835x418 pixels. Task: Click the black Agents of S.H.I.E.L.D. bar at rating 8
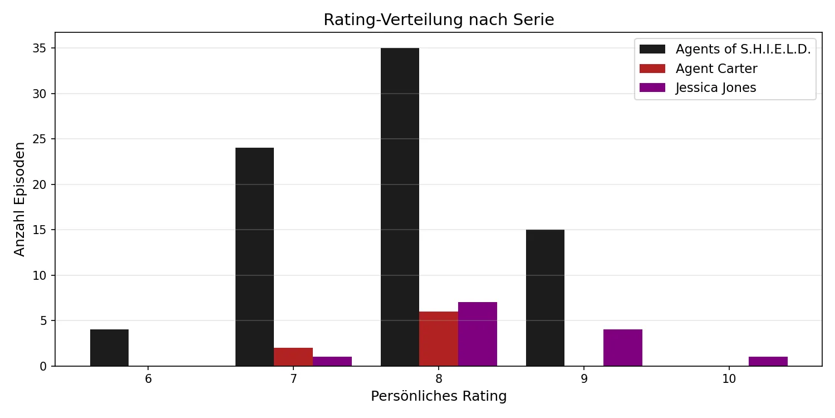click(x=400, y=207)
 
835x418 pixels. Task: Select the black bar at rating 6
click(x=109, y=348)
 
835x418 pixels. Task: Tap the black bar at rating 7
click(x=254, y=257)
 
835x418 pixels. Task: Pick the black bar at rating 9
click(x=545, y=298)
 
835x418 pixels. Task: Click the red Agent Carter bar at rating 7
click(x=293, y=357)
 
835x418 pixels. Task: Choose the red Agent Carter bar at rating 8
click(x=439, y=338)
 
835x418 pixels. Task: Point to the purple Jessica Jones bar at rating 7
click(x=332, y=361)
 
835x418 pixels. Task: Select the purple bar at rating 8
click(x=478, y=334)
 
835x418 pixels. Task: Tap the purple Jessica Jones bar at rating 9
click(x=623, y=348)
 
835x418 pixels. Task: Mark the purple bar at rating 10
click(x=768, y=361)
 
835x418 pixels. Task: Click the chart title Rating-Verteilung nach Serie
click(x=439, y=20)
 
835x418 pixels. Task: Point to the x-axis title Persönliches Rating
click(x=439, y=396)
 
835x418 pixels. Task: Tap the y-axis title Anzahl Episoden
click(x=20, y=199)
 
